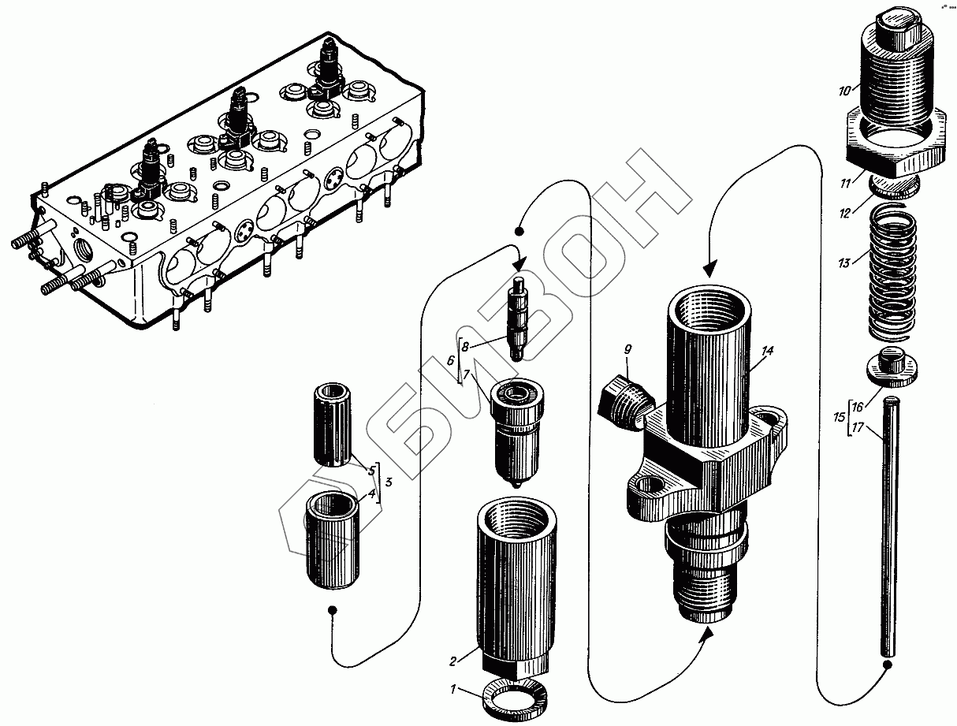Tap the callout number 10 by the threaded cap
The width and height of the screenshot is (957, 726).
[x=844, y=91]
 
